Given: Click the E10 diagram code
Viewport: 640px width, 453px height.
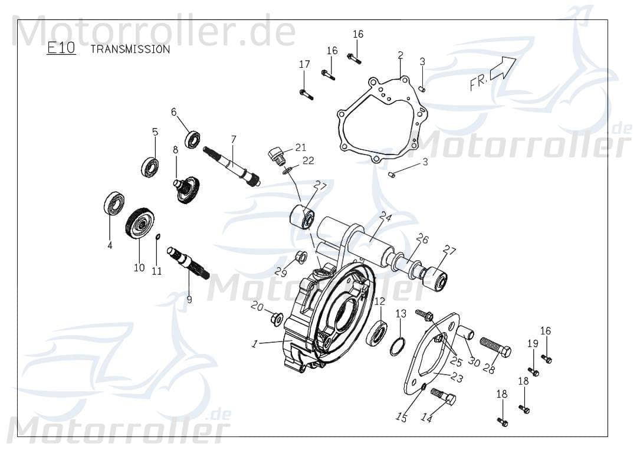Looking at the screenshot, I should pos(61,48).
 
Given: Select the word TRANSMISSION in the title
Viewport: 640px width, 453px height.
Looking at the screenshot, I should pos(130,50).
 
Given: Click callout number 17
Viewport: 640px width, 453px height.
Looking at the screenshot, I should pos(304,64).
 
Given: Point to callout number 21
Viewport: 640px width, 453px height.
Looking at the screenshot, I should pos(301,147).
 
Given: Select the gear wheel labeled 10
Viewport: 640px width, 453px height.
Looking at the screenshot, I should pos(139,223).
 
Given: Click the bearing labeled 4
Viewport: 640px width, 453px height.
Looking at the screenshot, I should pos(114,203).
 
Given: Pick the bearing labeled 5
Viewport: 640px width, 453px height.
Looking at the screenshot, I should pos(150,167).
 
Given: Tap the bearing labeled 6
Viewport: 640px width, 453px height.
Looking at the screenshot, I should pos(192,140).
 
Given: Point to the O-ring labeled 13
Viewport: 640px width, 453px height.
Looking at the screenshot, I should pos(398,346).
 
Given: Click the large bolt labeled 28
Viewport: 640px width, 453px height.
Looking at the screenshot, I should pos(495,348).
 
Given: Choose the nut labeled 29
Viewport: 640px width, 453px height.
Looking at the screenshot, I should pos(299,257).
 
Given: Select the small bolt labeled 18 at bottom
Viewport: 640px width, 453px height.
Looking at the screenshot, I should pos(502,422).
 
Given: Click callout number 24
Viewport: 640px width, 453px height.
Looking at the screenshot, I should pos(386,216).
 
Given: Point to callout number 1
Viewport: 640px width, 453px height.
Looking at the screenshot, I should pos(254,344).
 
